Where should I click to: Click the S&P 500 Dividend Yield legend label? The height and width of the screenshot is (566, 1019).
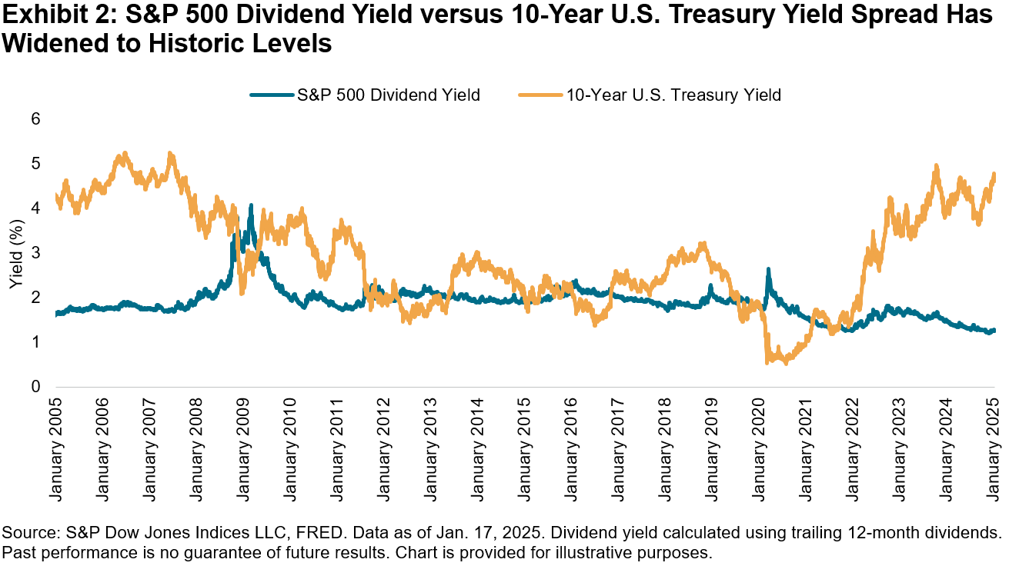click(388, 95)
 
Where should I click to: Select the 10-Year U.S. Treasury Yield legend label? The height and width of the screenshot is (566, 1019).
click(673, 95)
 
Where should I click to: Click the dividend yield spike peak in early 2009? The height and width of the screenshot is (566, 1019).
click(251, 205)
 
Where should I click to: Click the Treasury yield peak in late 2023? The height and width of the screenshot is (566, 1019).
click(936, 165)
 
